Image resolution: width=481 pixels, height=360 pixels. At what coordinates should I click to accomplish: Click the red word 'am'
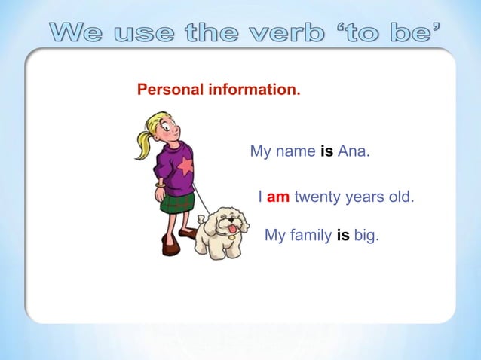pyautogui.click(x=278, y=197)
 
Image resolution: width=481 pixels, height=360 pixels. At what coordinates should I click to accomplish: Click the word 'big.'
pyautogui.click(x=366, y=236)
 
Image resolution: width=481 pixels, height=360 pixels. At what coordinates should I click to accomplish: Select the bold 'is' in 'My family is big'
pyautogui.click(x=342, y=236)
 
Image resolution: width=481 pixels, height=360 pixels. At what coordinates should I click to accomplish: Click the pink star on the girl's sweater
pyautogui.click(x=185, y=166)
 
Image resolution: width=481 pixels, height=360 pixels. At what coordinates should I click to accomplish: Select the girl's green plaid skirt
pyautogui.click(x=178, y=202)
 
